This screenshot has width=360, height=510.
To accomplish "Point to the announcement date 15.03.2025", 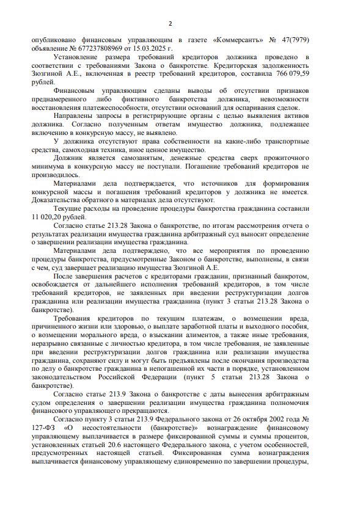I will pos(149,48).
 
